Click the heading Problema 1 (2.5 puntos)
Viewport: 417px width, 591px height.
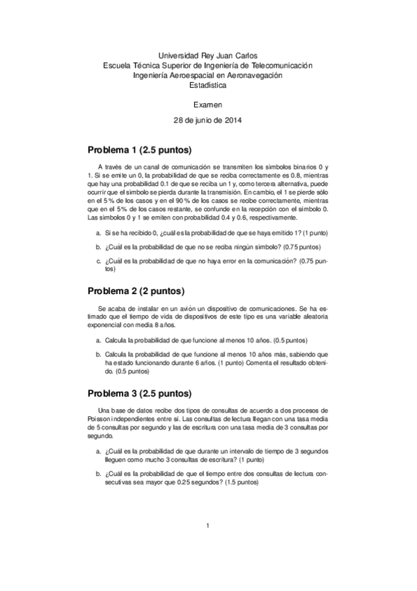click(139, 151)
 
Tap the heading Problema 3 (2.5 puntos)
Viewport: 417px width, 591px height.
click(139, 392)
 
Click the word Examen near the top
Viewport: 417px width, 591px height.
click(207, 104)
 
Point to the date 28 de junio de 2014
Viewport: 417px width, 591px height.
click(207, 120)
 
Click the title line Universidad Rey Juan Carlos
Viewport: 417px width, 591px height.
click(207, 55)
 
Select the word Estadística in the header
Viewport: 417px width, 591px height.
click(207, 86)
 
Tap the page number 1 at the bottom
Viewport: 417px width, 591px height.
click(207, 545)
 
